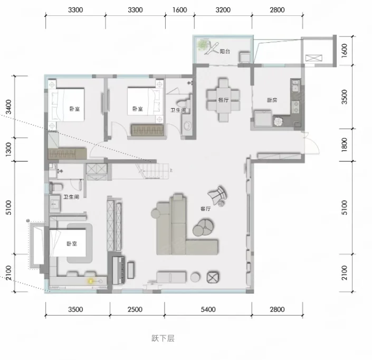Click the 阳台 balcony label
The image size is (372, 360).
click(x=225, y=51)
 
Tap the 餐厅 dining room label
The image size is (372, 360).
click(x=223, y=100)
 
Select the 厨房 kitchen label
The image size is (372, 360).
click(x=272, y=100)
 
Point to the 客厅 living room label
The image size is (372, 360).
click(x=205, y=209)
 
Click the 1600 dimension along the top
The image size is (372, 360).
click(x=179, y=10)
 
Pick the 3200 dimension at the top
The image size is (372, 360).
click(x=223, y=10)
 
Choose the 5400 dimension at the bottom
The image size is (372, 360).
click(x=208, y=309)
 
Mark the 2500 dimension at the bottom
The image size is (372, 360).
click(x=135, y=309)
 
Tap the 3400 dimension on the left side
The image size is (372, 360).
click(x=8, y=107)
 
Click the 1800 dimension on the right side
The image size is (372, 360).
click(x=344, y=145)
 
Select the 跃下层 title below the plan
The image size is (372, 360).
click(x=163, y=338)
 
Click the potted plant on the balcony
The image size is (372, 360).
click(x=203, y=44)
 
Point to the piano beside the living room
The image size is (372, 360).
click(x=118, y=270)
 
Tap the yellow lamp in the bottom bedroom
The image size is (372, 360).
click(x=90, y=281)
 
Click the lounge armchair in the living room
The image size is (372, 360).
click(x=217, y=195)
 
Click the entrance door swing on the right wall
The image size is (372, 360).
click(x=311, y=143)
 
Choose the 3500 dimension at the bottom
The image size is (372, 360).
click(x=75, y=309)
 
